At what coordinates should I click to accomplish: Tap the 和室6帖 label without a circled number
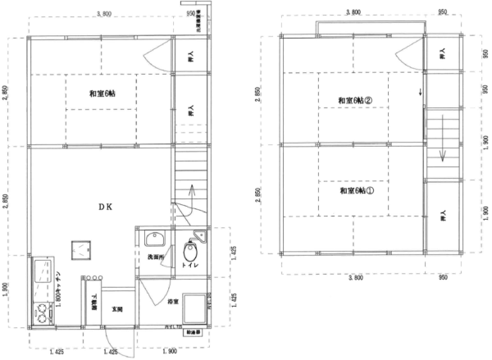coord(102,93)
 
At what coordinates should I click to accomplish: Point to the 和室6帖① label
coord(357,191)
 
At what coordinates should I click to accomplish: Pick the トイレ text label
coord(199,267)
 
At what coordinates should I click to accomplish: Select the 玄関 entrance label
coord(117,309)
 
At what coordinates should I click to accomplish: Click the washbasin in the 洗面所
coord(153,240)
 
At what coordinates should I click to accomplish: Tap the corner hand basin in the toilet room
coord(203,236)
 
